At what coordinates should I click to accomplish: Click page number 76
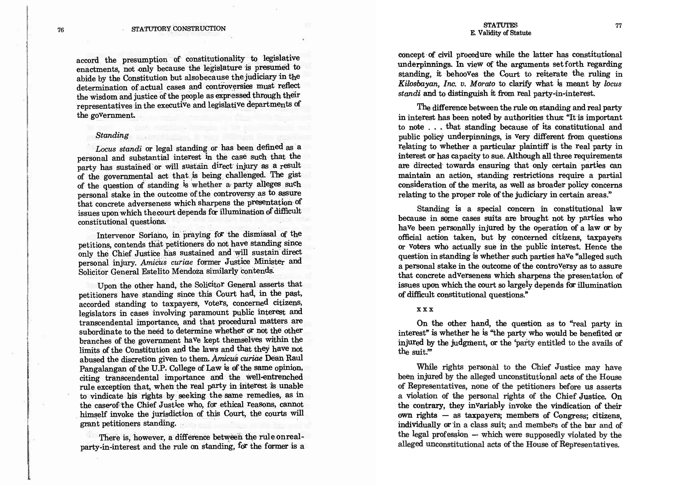pyautogui.click(x=61, y=30)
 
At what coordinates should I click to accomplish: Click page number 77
pyautogui.click(x=619, y=26)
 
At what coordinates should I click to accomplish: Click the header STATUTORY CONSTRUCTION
pyautogui.click(x=178, y=29)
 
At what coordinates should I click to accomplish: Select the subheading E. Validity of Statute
pyautogui.click(x=500, y=33)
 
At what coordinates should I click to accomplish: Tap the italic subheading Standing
pyautogui.click(x=112, y=135)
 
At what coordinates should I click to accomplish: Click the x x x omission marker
pyautogui.click(x=425, y=309)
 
